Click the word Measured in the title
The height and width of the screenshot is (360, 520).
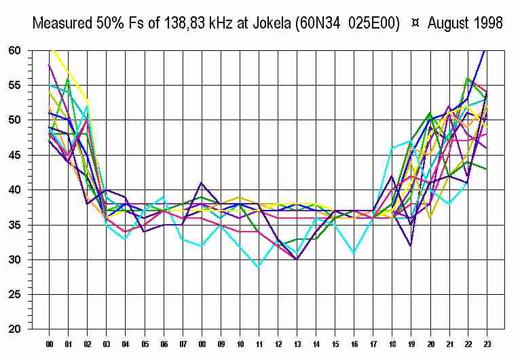click(x=60, y=23)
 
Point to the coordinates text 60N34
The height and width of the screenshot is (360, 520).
click(x=318, y=23)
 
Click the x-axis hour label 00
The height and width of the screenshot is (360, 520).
click(x=50, y=343)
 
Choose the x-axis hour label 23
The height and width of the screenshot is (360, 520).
click(x=486, y=343)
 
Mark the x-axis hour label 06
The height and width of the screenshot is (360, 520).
click(x=164, y=343)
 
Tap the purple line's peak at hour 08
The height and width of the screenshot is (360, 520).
click(x=202, y=183)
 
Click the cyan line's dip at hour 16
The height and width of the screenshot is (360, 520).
click(x=353, y=253)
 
